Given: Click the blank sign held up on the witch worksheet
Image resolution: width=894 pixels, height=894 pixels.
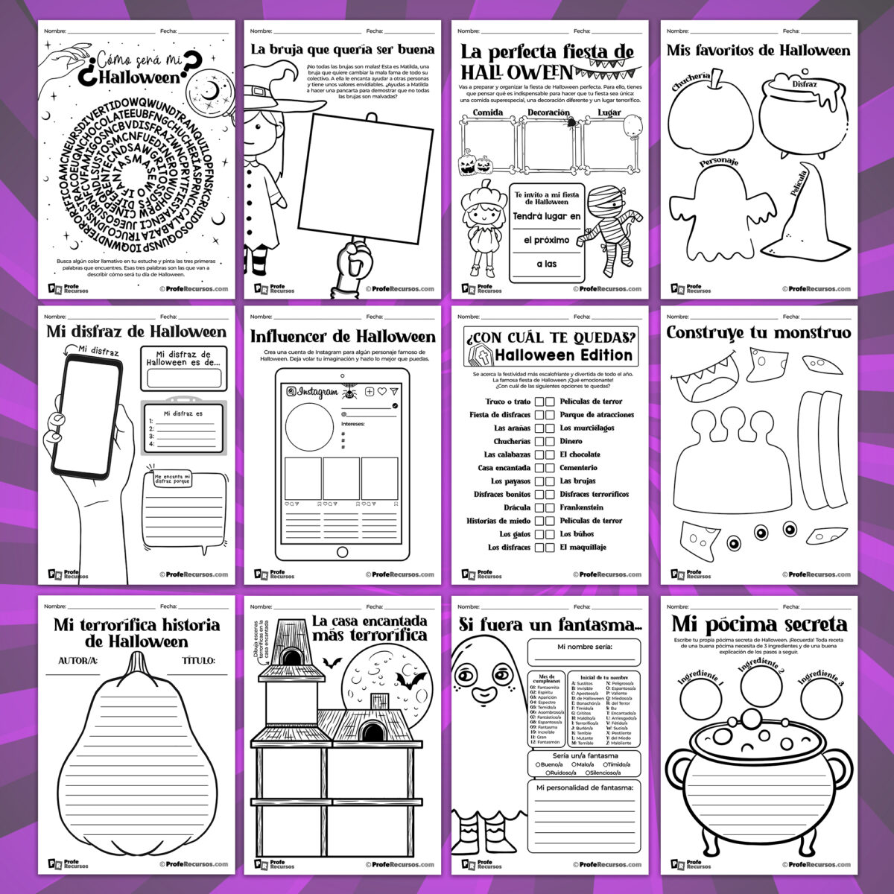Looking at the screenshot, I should (x=371, y=179).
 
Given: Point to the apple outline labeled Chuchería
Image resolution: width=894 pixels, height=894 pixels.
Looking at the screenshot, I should (x=706, y=119).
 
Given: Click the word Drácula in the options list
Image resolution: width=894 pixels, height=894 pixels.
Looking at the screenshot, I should (x=517, y=507).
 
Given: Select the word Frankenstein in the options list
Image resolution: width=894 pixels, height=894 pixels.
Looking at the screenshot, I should (x=581, y=507).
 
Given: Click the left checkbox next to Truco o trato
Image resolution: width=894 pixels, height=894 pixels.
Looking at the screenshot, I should (x=539, y=402).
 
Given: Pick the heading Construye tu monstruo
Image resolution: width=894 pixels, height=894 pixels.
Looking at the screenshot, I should (x=758, y=333).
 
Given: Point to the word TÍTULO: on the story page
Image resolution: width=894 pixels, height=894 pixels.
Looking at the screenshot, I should (x=197, y=661).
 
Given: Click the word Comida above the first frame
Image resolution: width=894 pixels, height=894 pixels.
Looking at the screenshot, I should (x=488, y=112).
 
